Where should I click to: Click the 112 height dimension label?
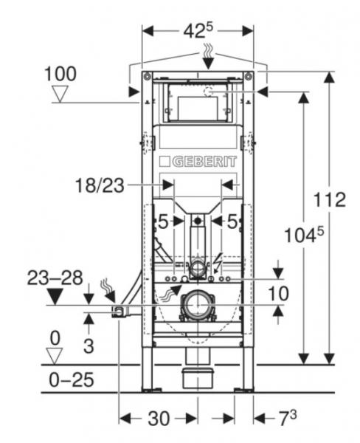[330, 200]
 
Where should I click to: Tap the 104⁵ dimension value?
[304, 235]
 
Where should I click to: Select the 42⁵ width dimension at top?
[198, 30]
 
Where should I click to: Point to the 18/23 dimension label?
[100, 185]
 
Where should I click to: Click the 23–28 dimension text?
[55, 278]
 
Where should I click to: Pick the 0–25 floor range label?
[72, 380]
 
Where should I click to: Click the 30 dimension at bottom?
[159, 419]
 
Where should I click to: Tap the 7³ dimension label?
[288, 417]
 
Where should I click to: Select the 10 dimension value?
[278, 293]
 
